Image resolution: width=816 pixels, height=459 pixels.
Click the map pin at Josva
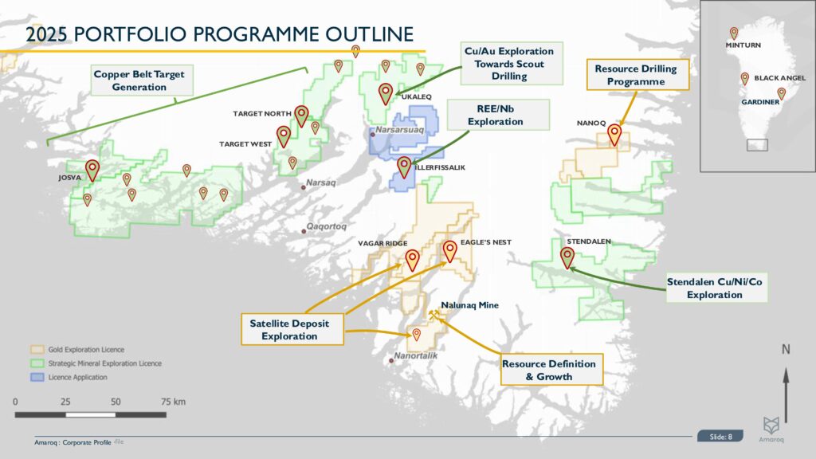92,169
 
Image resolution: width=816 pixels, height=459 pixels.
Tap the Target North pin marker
301,116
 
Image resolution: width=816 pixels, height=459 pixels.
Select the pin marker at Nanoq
614,134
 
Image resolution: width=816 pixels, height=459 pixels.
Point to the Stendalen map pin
567,257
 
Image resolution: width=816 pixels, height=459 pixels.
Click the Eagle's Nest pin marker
449,251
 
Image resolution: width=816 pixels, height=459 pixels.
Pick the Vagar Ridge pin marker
412,259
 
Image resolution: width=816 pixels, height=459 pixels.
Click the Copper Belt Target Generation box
139,80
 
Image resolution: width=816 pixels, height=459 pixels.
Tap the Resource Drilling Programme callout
635,75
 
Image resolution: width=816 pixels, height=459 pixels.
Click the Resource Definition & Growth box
549,370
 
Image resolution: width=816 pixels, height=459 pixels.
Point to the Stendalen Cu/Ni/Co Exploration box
716,288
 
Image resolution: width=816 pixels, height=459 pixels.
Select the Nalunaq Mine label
470,304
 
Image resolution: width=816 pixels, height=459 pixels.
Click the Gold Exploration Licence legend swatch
36,350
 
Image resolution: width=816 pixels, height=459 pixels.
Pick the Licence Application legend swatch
36,377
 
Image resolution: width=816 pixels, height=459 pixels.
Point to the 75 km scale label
173,401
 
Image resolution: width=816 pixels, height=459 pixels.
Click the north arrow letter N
786,348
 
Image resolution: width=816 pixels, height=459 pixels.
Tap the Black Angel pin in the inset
744,78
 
